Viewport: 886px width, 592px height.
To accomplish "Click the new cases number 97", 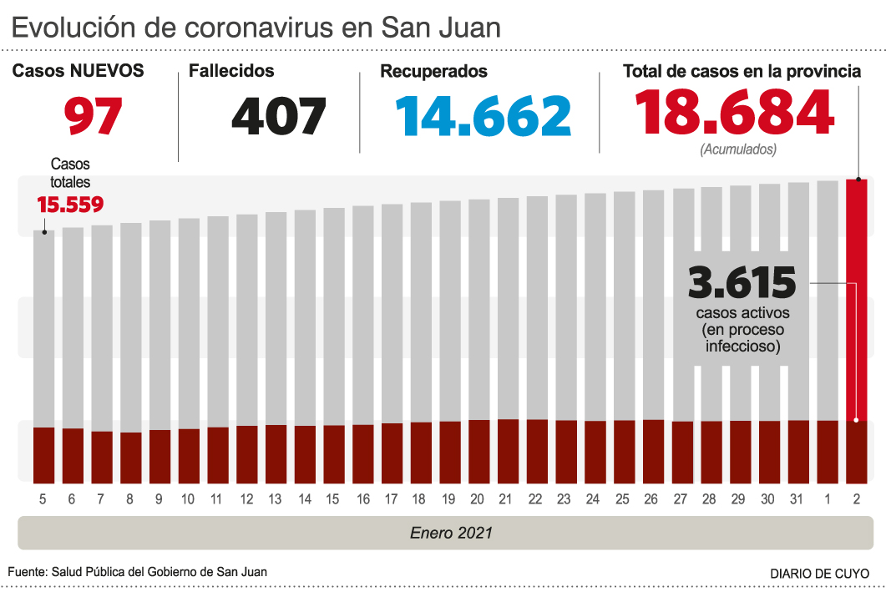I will tap(94, 116).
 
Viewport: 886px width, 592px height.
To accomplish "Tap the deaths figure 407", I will tap(278, 116).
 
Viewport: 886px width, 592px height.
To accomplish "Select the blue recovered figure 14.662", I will tap(484, 116).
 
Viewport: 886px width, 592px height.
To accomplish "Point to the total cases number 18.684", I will tap(734, 113).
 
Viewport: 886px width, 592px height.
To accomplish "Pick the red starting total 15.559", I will tap(70, 205).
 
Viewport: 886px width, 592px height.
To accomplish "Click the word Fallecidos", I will tap(231, 72).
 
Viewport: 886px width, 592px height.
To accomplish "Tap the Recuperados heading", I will tap(433, 72).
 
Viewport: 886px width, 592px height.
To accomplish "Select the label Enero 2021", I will tap(451, 532).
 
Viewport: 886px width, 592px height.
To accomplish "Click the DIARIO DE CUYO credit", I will tap(819, 574).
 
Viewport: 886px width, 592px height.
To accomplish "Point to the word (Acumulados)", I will tap(738, 149).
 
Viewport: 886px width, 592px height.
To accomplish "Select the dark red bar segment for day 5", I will tap(43, 454).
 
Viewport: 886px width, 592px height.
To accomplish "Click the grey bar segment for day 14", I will tap(305, 317).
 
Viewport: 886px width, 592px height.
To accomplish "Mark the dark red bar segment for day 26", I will tap(653, 451).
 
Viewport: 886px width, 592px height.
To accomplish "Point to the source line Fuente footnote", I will tap(138, 572).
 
